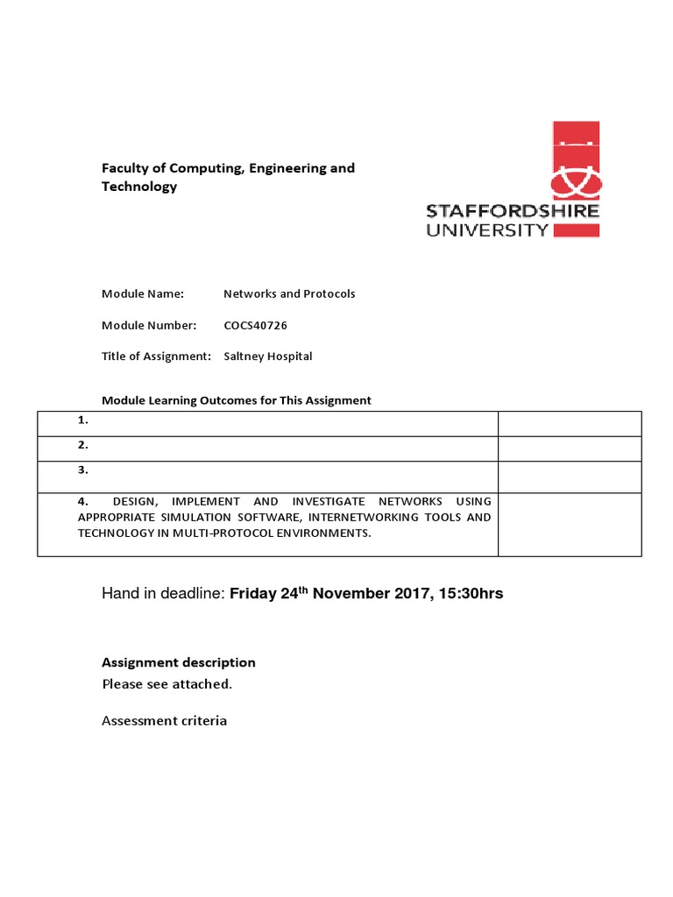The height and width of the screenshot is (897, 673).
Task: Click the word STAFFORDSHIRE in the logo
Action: coord(513,211)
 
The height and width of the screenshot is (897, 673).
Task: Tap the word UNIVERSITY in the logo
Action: coord(487,230)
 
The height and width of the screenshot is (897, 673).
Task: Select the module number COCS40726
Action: coord(256,325)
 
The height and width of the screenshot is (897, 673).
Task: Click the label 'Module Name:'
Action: coord(143,293)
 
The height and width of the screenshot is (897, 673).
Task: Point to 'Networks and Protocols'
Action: coord(289,293)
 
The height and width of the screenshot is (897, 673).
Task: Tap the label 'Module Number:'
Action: coord(149,325)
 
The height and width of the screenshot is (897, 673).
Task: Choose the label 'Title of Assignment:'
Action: coord(157,357)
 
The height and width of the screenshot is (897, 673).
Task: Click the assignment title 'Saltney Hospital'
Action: coord(268,357)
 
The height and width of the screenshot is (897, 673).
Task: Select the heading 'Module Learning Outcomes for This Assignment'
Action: coord(237,400)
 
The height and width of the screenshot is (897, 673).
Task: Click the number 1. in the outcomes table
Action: coord(83,420)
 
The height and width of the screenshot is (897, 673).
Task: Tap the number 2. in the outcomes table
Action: coord(83,445)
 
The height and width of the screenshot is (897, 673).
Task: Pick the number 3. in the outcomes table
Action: coord(83,470)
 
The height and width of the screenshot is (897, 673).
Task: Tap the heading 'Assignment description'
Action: coord(179,662)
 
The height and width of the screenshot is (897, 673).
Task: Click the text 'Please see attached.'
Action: coord(167,684)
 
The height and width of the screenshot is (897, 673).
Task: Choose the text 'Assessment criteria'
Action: coord(165,721)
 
